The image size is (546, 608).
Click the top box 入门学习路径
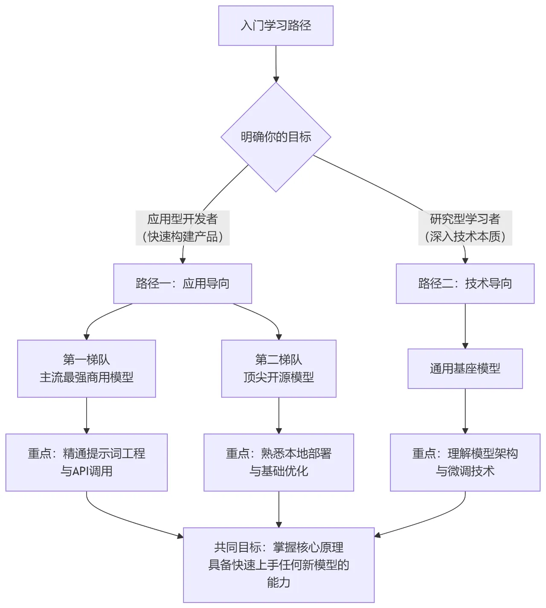click(276, 26)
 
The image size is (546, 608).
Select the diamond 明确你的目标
click(276, 137)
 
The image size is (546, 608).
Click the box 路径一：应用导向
click(183, 283)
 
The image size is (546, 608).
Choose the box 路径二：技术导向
click(465, 283)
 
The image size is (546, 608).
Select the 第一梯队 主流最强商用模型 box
click(87, 369)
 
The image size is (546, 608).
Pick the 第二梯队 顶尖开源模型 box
click(279, 369)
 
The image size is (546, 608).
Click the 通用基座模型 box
click(465, 369)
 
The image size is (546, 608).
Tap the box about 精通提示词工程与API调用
click(87, 462)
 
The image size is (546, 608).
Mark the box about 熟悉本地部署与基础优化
click(279, 462)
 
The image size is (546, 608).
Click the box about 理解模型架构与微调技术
click(465, 462)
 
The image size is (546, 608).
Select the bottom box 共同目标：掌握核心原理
click(279, 565)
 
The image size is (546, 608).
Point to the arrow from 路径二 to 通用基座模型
click(465, 326)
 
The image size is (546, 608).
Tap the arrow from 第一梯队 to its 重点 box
click(87, 415)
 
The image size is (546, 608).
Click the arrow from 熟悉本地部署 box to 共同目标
click(279, 509)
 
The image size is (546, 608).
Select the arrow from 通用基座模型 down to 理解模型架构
click(465, 411)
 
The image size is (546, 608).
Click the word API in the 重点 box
click(80, 471)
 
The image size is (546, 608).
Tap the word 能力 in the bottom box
click(279, 582)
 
